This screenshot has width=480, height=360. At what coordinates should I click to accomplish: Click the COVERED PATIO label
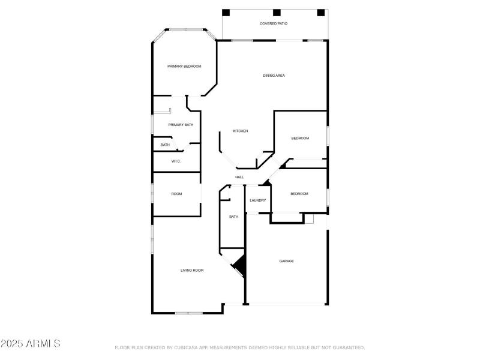(x=274, y=24)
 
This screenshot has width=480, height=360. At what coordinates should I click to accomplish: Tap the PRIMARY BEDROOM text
(x=184, y=66)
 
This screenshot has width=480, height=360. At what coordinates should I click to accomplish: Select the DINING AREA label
(x=274, y=76)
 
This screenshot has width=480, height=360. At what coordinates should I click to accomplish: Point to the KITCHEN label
(x=241, y=131)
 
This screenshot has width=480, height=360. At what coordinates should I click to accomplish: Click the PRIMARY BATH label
(x=181, y=125)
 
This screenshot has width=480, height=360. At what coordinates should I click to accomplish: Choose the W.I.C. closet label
(x=176, y=161)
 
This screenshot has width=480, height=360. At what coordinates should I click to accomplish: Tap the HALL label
(x=239, y=177)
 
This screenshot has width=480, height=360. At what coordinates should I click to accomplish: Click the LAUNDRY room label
(x=258, y=200)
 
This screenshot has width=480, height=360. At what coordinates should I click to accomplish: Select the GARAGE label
(x=286, y=261)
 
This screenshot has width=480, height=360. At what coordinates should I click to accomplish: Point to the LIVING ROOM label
(x=192, y=271)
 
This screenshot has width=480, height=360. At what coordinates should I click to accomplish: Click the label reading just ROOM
(x=176, y=194)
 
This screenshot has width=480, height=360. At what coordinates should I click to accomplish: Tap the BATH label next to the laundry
(x=233, y=217)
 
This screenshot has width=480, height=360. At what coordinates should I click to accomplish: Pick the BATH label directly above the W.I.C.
(x=165, y=145)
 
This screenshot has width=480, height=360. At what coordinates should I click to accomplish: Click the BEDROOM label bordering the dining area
(x=300, y=139)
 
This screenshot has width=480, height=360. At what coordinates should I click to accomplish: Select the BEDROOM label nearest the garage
(x=299, y=194)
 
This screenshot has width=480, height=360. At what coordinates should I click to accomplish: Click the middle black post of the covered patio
(x=277, y=13)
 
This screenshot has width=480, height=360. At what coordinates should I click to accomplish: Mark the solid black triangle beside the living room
(x=240, y=264)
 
